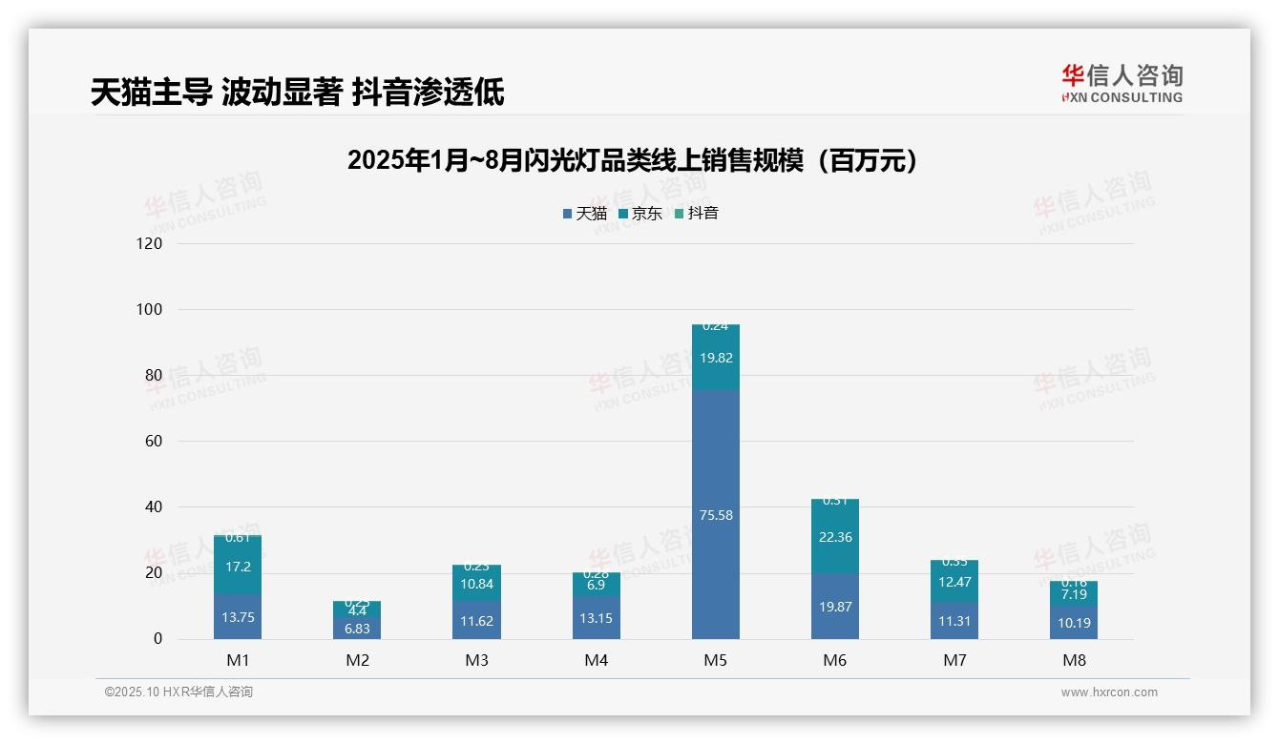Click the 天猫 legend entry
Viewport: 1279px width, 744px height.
(x=585, y=214)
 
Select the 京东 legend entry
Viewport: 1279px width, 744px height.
(x=640, y=214)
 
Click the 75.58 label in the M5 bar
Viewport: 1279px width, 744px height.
(x=715, y=515)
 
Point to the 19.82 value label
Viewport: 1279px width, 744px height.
(x=715, y=358)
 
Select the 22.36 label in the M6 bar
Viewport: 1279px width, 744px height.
(x=835, y=537)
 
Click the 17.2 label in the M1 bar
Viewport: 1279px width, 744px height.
(x=238, y=567)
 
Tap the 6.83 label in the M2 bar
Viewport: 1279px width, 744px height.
(x=357, y=629)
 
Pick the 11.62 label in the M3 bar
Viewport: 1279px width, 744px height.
(x=476, y=621)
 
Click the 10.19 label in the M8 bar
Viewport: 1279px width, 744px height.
(x=1074, y=623)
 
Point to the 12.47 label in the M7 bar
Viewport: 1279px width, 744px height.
(x=954, y=582)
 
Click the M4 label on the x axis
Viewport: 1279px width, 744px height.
(x=596, y=660)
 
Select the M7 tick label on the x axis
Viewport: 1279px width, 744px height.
(x=954, y=660)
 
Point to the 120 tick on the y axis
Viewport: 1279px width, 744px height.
(x=151, y=243)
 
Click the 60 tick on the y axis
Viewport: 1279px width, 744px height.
(x=154, y=441)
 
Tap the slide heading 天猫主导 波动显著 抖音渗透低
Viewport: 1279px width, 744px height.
(x=297, y=93)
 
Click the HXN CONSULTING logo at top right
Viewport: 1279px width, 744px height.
(x=1122, y=84)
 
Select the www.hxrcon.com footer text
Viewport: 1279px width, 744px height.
(x=1109, y=692)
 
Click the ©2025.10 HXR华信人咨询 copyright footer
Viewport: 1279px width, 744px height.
(x=178, y=692)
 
